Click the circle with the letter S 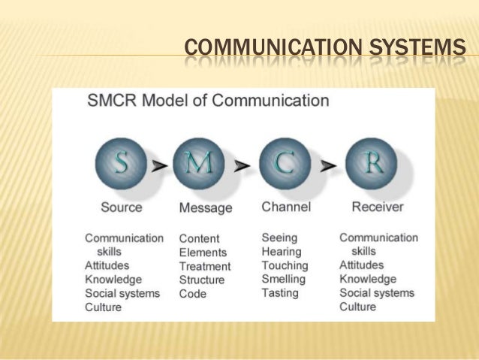pos(120,162)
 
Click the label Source pos(121,206)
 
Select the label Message pos(205,207)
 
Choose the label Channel pos(285,206)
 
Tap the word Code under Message pos(192,294)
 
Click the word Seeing pos(279,237)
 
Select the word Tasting pos(280,293)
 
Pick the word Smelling pos(283,279)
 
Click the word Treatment pos(205,266)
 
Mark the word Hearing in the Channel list pos(281,252)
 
